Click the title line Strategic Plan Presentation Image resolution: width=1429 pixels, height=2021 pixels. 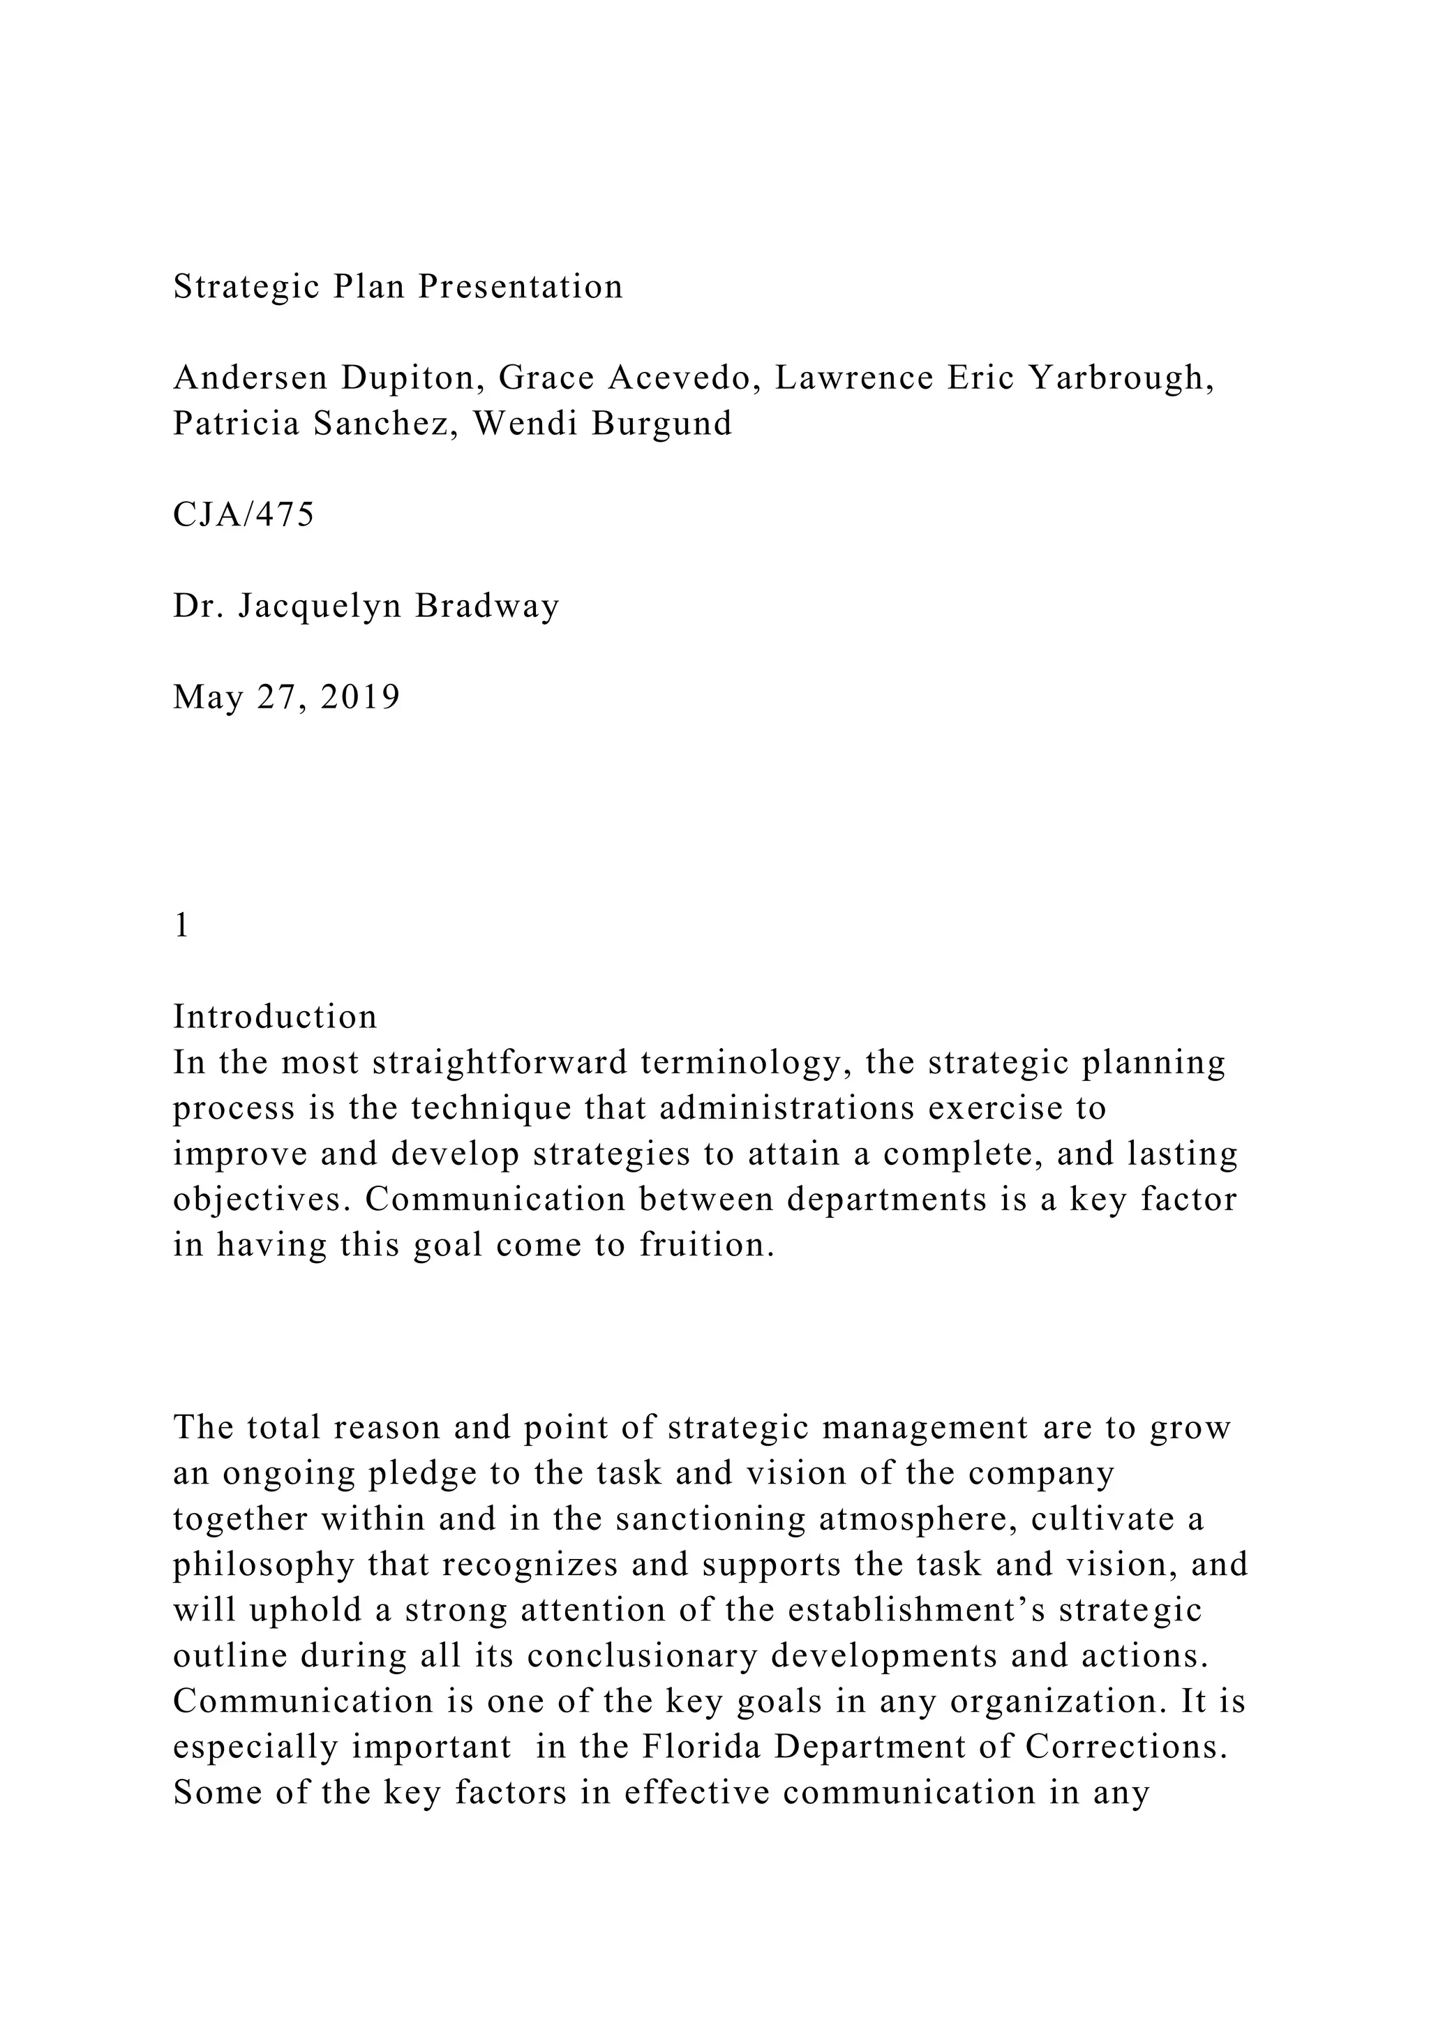398,287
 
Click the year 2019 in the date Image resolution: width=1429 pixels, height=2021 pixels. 361,697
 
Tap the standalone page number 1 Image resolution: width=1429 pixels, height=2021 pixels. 182,925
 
